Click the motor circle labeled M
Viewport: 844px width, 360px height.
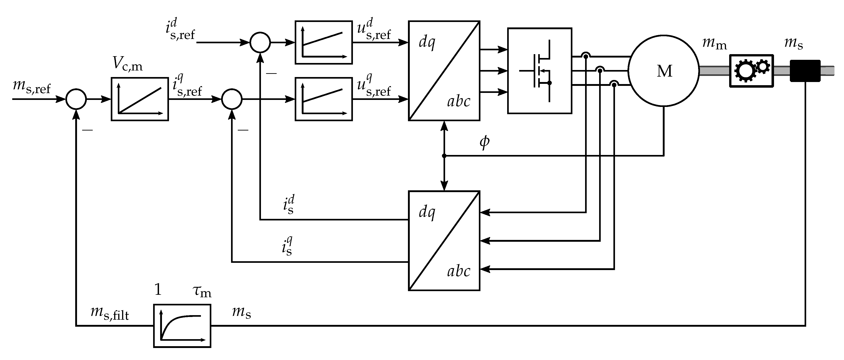663,71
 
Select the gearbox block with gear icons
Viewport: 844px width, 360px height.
751,71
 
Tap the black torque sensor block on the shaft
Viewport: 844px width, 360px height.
805,71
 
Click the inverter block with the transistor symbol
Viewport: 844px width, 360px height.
540,71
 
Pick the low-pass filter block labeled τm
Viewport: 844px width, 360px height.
182,326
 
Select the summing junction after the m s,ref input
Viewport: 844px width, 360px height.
76,99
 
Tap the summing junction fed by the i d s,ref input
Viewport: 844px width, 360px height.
260,43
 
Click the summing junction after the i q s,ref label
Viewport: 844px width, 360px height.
232,99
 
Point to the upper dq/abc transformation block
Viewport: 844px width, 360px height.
444,71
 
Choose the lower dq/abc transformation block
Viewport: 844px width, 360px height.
444,240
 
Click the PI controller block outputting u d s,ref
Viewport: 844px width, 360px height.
324,43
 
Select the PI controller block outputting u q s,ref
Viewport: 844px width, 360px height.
324,99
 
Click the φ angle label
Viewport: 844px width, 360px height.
484,142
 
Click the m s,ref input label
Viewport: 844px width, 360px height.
32,87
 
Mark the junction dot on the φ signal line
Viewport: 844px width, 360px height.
444,156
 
